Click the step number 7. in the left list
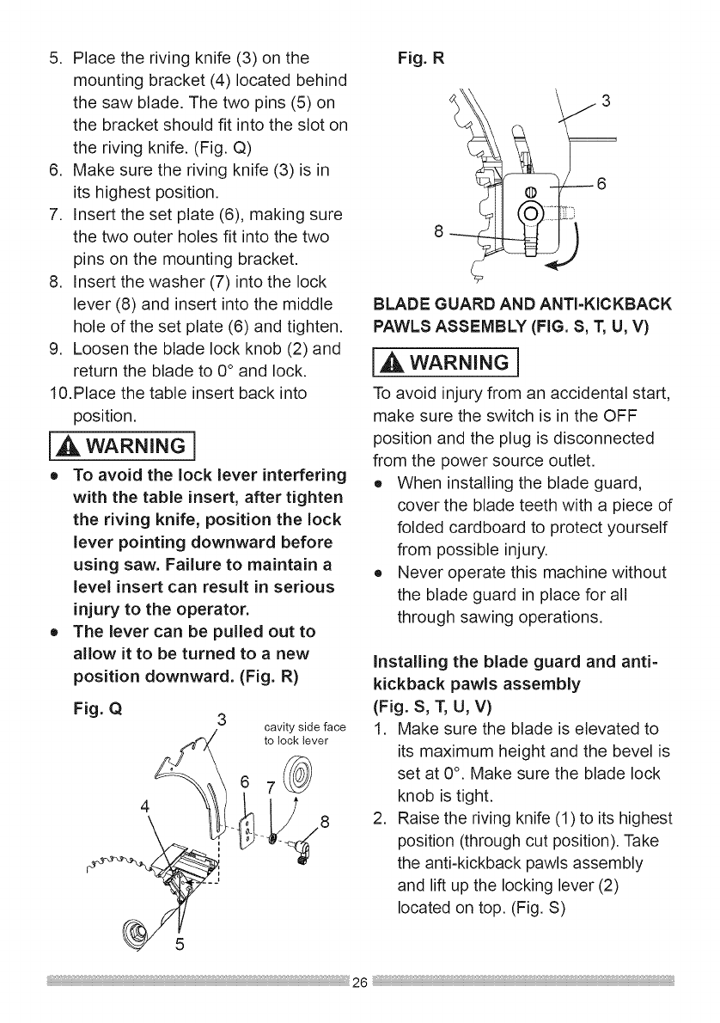[x=56, y=212]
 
